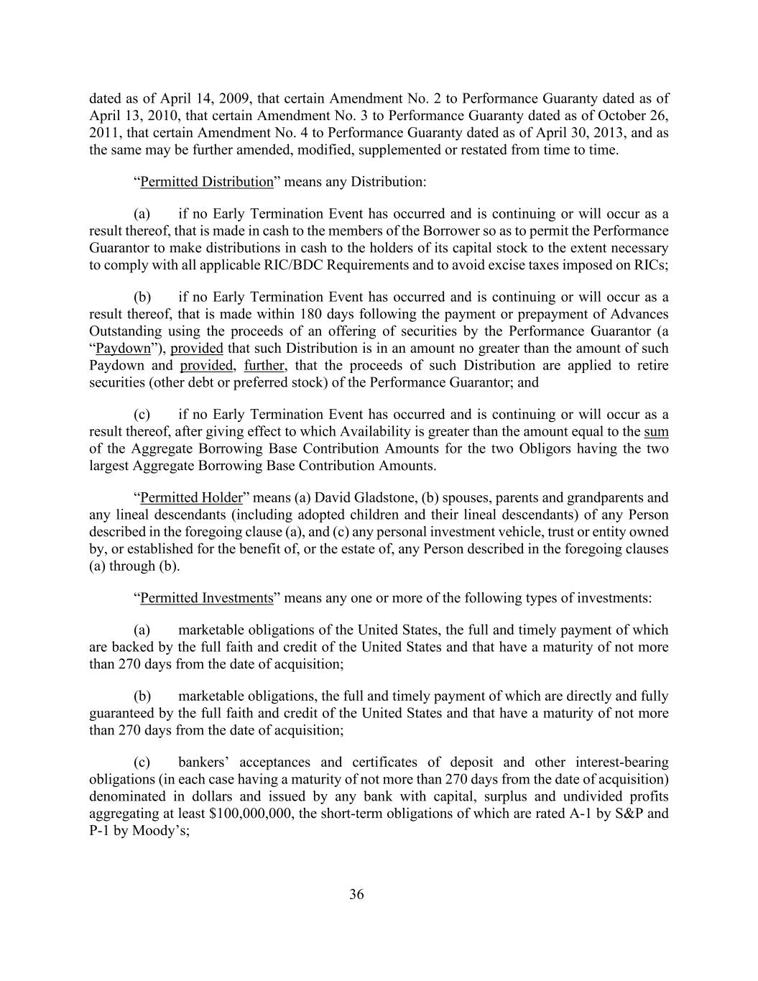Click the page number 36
(x=356, y=895)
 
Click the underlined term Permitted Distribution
(x=207, y=182)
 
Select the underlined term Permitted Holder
(x=191, y=498)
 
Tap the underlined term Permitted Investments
(x=207, y=598)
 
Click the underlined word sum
(x=656, y=432)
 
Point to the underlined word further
(x=264, y=366)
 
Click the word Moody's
(x=154, y=831)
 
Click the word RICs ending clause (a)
(x=652, y=265)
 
